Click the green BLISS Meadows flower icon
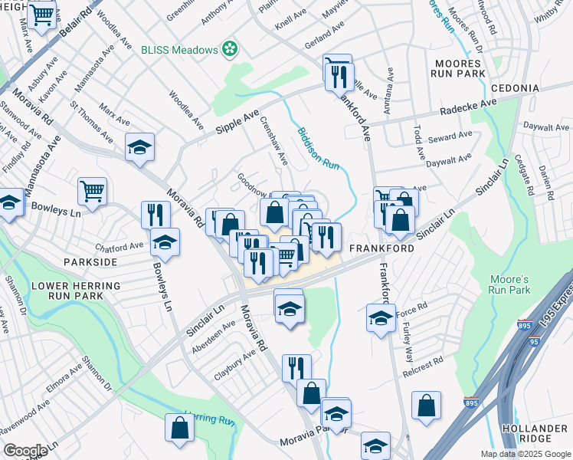click(230, 51)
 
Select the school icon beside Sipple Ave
click(140, 146)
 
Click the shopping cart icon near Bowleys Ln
click(92, 190)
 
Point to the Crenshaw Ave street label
click(273, 140)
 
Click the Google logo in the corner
click(25, 450)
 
